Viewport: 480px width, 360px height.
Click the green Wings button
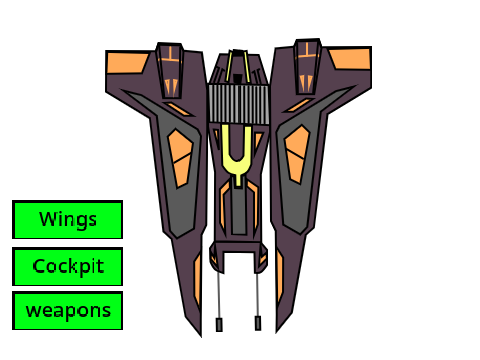[x=67, y=220]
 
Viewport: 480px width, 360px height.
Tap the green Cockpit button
[x=67, y=266]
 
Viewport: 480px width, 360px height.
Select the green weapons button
[x=67, y=311]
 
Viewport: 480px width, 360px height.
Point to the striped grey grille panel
[x=239, y=104]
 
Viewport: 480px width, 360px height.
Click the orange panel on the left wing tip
[x=127, y=63]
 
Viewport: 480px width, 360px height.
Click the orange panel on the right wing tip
[x=350, y=59]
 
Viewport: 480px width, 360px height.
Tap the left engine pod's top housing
[x=170, y=70]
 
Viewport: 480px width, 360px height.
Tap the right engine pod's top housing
[x=307, y=67]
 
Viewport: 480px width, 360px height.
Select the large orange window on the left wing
[x=180, y=158]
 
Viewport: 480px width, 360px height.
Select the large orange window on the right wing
[x=297, y=154]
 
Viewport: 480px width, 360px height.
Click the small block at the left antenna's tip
[x=219, y=325]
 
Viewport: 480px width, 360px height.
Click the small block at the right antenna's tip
[x=258, y=323]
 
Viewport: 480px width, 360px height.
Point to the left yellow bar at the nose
[x=229, y=66]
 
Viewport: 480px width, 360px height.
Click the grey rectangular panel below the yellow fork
[x=239, y=211]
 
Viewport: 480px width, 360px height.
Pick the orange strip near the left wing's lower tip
[x=197, y=280]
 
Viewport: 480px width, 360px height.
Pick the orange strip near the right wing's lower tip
[x=279, y=277]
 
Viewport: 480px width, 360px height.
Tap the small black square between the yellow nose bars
[x=237, y=79]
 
